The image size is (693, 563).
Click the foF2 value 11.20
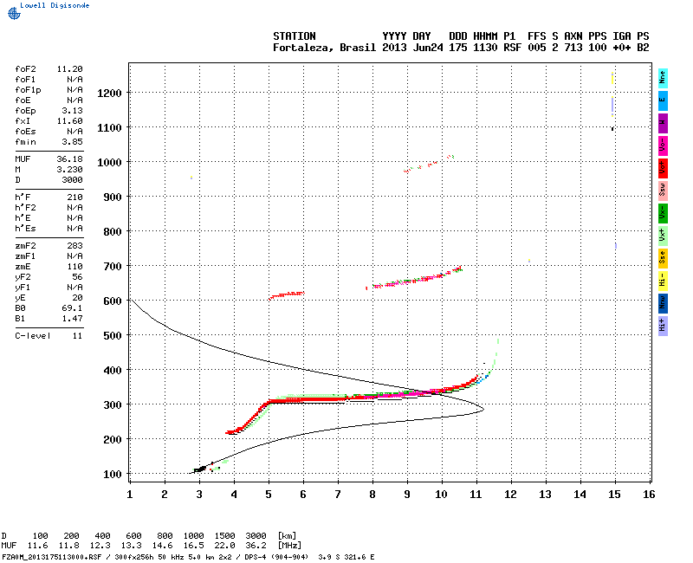[69, 68]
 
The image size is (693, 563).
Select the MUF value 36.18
[69, 159]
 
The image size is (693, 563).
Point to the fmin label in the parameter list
[24, 141]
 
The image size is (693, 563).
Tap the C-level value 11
[77, 334]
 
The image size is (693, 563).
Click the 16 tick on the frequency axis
[648, 494]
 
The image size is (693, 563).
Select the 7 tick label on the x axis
[338, 494]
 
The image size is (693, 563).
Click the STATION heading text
[295, 36]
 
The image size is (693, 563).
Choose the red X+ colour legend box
[663, 166]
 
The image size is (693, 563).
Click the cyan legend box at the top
[663, 77]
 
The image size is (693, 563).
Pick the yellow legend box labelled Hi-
[663, 279]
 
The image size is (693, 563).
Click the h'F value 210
[74, 198]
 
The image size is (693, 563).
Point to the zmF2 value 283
[74, 246]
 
